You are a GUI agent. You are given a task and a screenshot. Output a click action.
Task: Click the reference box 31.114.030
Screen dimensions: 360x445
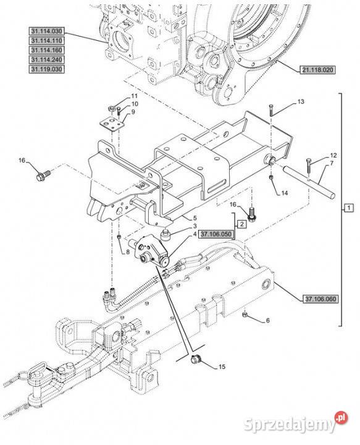click(46, 31)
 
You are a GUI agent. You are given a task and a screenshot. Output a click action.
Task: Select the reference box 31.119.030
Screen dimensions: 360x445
click(46, 69)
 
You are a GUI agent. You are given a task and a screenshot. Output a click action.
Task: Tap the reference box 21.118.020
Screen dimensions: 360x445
click(317, 69)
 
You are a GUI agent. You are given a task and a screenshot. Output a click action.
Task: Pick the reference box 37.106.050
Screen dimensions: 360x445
click(216, 234)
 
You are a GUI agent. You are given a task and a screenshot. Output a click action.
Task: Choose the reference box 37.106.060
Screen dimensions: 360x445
click(320, 299)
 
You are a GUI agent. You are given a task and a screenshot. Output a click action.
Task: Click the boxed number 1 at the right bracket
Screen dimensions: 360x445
click(349, 208)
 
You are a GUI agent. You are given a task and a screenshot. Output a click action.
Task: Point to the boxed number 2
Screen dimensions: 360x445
click(242, 224)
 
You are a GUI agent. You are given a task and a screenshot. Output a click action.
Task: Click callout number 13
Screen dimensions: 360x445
click(301, 101)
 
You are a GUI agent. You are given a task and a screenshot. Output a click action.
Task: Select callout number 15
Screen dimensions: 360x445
click(222, 367)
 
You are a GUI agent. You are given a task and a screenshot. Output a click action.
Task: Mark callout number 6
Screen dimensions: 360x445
click(267, 321)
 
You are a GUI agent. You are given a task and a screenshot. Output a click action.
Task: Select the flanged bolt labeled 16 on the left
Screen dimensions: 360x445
click(43, 174)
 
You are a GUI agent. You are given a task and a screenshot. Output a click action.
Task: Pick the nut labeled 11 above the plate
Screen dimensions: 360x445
click(111, 108)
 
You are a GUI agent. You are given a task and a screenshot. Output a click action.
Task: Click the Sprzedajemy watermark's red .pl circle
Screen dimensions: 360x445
click(341, 418)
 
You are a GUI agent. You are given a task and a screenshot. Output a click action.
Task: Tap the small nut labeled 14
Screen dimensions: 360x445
click(271, 177)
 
